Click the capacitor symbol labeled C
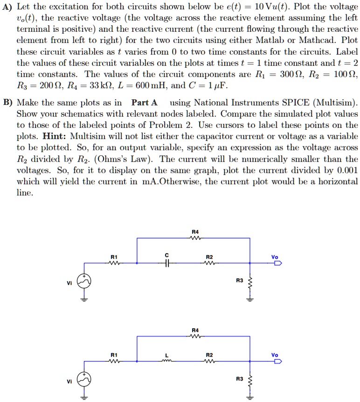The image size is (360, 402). click(x=167, y=263)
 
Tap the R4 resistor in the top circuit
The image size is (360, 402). click(x=195, y=238)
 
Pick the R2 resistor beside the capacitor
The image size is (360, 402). click(x=209, y=263)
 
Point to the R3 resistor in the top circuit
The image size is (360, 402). click(x=250, y=281)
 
